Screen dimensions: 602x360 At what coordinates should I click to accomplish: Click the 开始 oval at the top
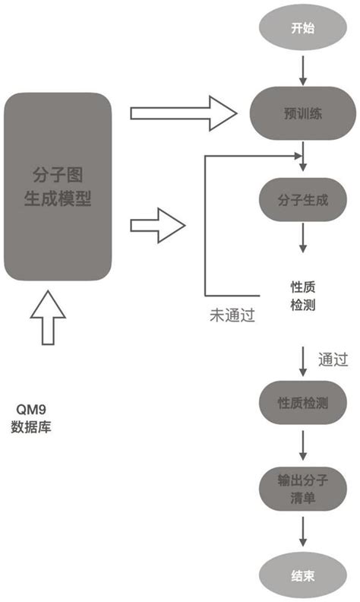click(304, 28)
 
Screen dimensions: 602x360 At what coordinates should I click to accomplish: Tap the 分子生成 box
click(304, 201)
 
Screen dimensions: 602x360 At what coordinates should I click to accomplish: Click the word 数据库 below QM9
click(31, 426)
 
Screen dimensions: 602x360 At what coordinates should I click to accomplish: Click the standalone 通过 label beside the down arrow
click(333, 358)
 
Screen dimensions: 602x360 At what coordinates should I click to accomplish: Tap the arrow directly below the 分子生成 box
click(304, 239)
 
